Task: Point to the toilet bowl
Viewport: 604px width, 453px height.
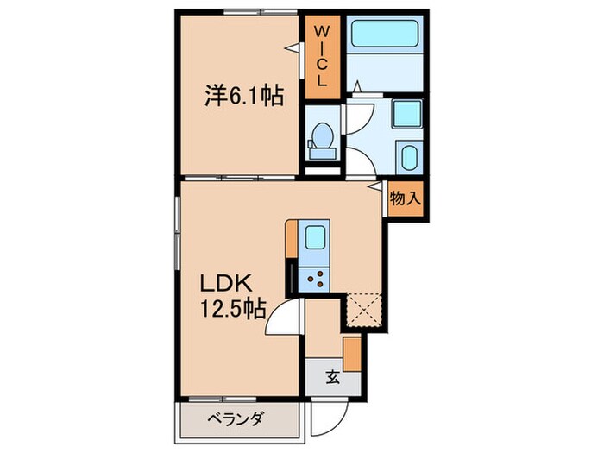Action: click(322, 136)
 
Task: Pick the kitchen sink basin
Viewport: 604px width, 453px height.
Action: click(315, 239)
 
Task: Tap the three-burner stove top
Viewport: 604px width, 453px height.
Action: click(315, 278)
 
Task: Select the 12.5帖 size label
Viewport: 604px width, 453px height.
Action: click(233, 308)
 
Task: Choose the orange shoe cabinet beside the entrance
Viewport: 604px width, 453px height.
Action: click(352, 354)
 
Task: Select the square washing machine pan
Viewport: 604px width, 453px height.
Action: click(405, 115)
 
